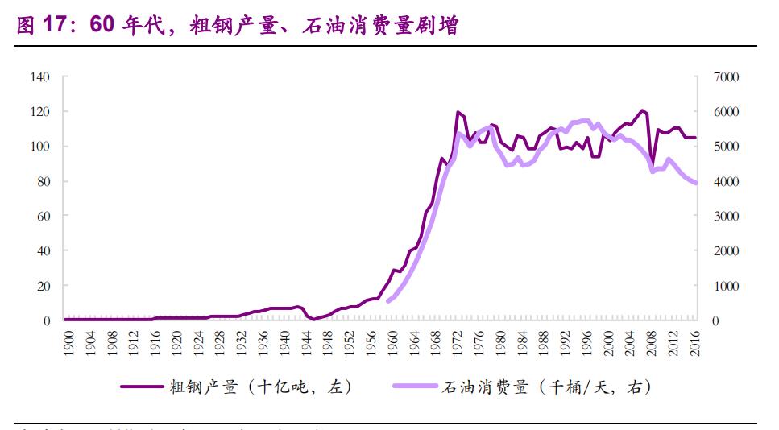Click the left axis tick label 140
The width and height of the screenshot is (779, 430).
pos(40,77)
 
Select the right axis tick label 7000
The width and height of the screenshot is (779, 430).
pos(725,77)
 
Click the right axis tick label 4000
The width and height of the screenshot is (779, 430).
pos(725,182)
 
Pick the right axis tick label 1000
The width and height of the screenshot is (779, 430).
pos(725,286)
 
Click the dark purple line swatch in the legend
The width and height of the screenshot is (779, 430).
pos(140,387)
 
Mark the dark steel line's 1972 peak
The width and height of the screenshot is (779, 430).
pos(458,112)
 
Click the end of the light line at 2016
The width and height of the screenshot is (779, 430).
pos(696,184)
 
